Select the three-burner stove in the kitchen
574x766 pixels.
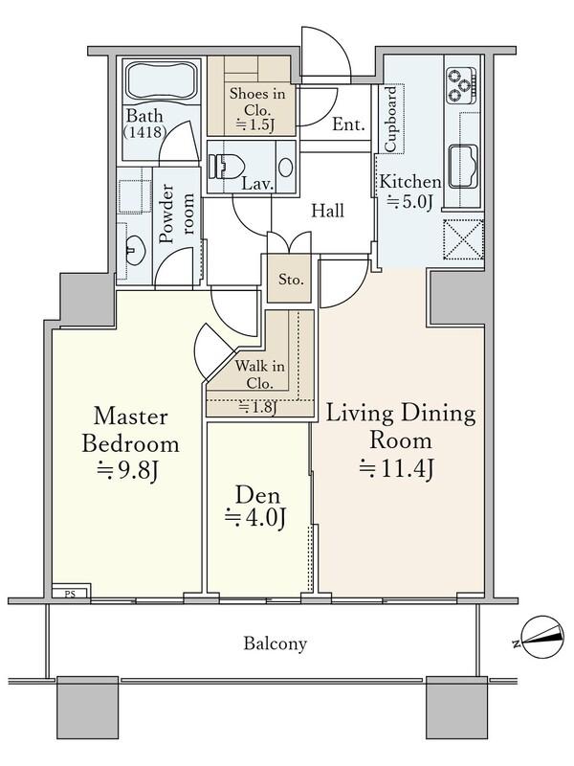coord(461,85)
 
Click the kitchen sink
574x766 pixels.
coord(463,167)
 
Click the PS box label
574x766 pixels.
coord(70,594)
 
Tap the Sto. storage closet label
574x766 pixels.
coord(291,280)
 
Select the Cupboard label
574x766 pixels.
coord(391,120)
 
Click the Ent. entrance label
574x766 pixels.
coord(348,124)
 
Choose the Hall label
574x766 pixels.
coord(328,211)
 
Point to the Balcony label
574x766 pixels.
coord(276,643)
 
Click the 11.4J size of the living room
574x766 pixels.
coord(397,468)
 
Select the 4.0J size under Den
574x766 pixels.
coord(255,518)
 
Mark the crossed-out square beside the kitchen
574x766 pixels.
coord(463,238)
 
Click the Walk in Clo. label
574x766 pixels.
coord(259,374)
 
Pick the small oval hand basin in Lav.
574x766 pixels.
coord(286,167)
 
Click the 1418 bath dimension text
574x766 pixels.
coord(145,131)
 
